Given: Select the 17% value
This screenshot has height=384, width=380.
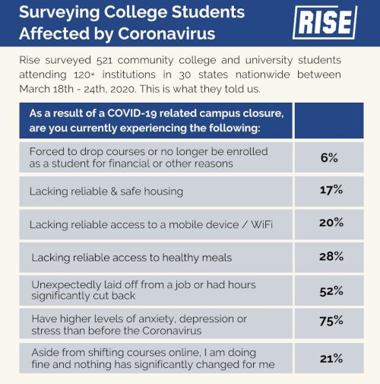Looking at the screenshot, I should click(x=331, y=190).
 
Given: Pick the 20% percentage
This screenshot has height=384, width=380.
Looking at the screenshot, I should click(x=331, y=223).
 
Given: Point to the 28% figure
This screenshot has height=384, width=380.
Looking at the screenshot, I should click(x=331, y=256).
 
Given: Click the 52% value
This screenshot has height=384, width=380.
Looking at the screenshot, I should click(x=331, y=291).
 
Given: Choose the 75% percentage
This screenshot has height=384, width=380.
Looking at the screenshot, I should click(x=331, y=322).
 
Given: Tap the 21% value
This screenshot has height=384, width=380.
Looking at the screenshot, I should click(x=331, y=358).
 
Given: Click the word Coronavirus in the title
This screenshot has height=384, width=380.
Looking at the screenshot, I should click(x=168, y=34).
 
